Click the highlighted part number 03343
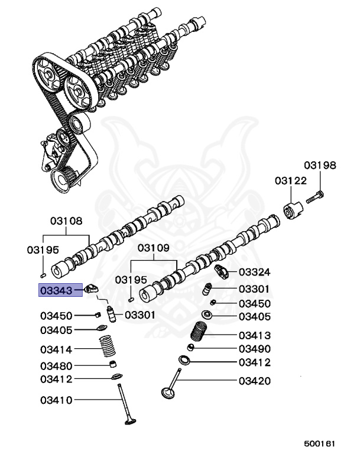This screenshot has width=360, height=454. [56, 290]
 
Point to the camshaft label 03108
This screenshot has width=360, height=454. [66, 221]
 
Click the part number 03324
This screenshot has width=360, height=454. [255, 273]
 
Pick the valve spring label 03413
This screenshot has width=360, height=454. [255, 335]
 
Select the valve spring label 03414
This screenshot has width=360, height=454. [56, 349]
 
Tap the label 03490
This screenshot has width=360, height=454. [255, 349]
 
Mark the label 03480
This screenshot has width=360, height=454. [56, 365]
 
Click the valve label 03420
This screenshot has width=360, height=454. [255, 381]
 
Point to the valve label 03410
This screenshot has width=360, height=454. [56, 400]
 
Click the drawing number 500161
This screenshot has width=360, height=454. [320, 442]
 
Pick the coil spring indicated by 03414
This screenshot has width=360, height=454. [107, 345]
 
